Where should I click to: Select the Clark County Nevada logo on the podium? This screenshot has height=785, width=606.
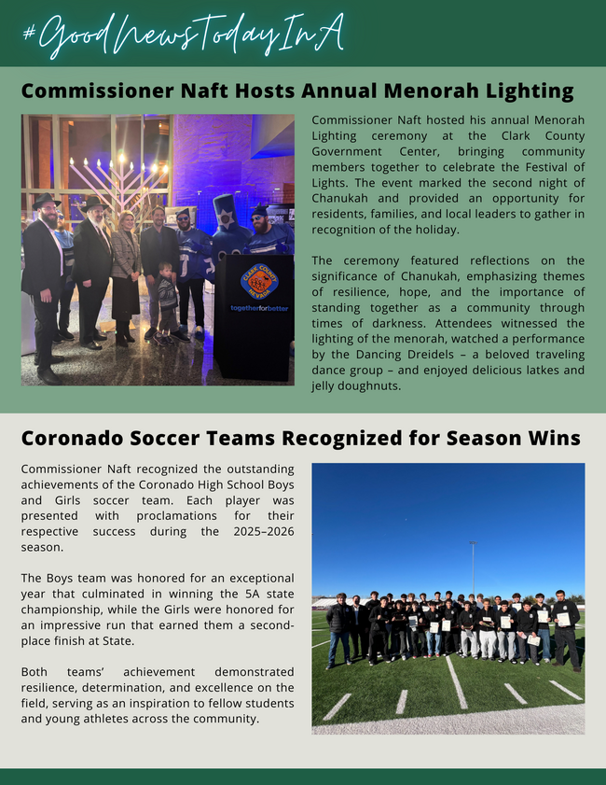(x=258, y=279)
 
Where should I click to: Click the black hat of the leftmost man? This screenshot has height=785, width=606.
(x=45, y=201)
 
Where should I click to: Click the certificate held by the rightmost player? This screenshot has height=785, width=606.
(x=563, y=619)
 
